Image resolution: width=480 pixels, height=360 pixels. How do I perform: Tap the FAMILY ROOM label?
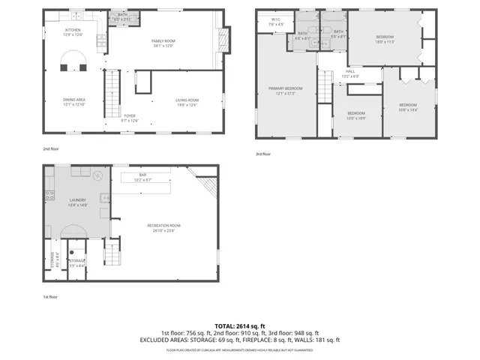163,40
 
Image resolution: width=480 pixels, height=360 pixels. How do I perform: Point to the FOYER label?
130,116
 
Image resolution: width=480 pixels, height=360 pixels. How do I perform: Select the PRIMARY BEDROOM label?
285,88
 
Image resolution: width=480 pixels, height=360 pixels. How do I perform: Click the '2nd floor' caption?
50,148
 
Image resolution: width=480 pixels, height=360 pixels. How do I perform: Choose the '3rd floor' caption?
263,154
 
